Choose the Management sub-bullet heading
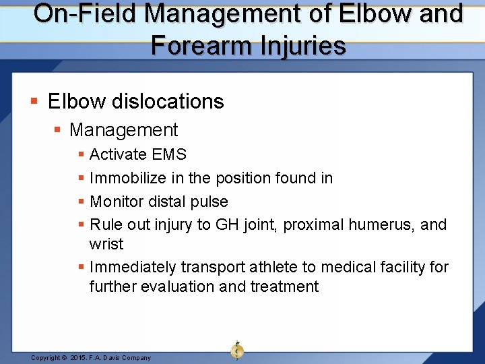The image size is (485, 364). pos(123,130)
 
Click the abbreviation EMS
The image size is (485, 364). pos(169,154)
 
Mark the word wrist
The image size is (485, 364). pos(106,243)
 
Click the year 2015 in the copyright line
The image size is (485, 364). pos(79,358)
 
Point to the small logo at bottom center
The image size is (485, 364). pos(237,350)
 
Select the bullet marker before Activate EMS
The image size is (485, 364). pos(82,155)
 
